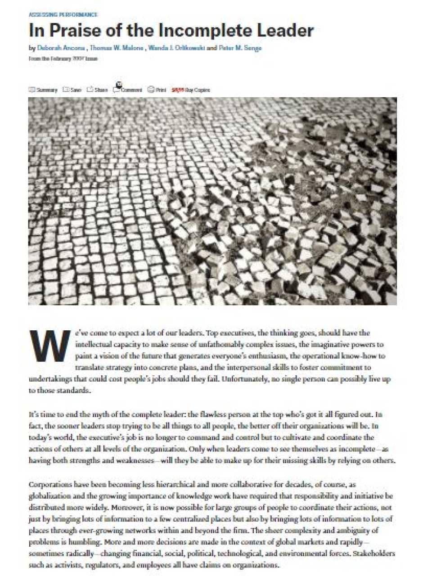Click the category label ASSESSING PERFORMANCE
point(63,15)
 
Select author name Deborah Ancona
point(61,48)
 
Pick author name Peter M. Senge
point(240,48)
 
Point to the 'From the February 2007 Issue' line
point(63,58)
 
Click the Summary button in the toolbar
point(44,90)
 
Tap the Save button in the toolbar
point(72,90)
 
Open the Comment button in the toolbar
point(128,89)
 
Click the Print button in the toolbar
point(157,90)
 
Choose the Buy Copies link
point(191,90)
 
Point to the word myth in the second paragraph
point(97,414)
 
